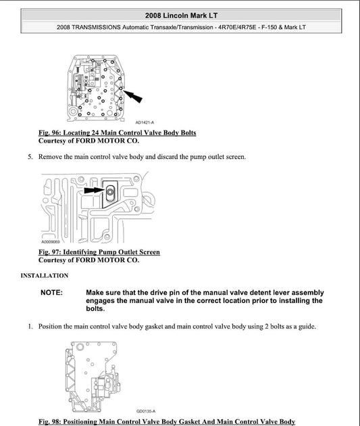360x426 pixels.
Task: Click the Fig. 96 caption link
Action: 117,133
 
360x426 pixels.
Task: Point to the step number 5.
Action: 30,157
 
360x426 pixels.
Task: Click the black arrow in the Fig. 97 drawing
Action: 94,191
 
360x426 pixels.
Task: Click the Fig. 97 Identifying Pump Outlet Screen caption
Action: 99,252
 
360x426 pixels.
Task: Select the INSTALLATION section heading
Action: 45,275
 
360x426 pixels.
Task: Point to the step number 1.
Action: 30,327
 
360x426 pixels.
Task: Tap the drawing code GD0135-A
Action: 145,410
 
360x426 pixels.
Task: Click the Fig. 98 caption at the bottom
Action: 167,421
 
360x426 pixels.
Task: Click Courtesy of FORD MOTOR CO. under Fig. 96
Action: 88,141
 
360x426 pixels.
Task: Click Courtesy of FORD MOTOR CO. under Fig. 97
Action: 88,260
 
